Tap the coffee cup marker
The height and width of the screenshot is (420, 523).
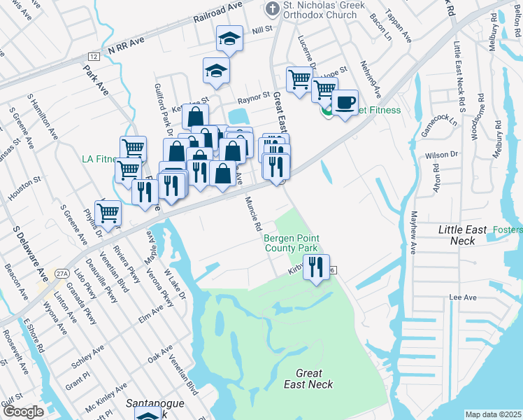point(345,102)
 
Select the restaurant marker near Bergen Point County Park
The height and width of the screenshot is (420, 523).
point(316,267)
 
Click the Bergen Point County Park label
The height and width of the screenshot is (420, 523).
point(291,243)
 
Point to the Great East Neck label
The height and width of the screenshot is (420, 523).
point(308,379)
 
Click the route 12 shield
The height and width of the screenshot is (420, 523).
point(94,56)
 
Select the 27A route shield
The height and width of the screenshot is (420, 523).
point(62,274)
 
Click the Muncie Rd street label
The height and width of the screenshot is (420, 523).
point(252,214)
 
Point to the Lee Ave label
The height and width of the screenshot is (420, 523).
point(462,297)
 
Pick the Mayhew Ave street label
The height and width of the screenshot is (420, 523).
point(413,232)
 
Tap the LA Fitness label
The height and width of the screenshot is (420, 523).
point(97,159)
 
